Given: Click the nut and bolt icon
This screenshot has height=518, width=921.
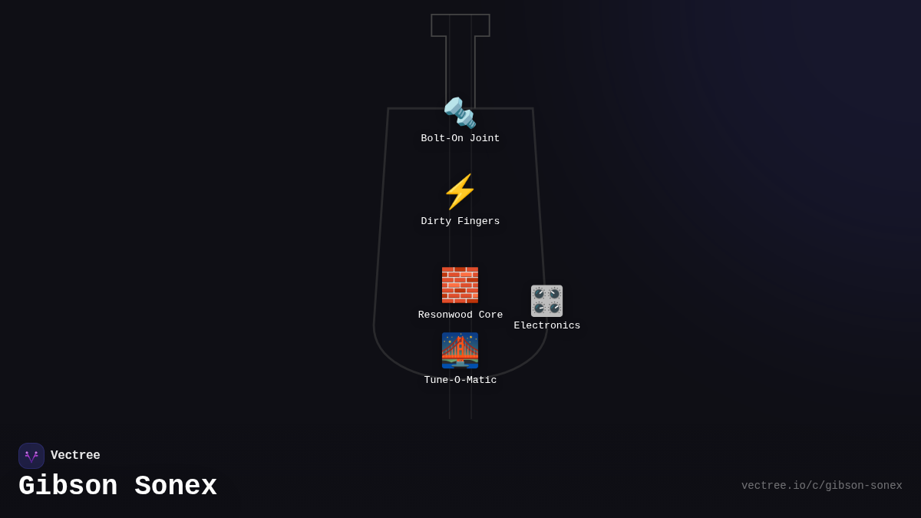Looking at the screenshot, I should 460,113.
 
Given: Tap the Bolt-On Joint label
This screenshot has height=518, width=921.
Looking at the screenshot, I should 460,139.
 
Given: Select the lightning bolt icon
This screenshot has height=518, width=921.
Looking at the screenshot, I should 460,192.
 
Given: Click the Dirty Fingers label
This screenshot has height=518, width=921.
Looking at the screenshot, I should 460,222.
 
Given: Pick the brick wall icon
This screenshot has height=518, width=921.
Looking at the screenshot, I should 460,285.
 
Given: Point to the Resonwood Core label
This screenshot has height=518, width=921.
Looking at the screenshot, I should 460,315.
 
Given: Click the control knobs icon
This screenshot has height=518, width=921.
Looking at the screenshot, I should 546,301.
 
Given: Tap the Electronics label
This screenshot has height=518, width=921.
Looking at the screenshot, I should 546,326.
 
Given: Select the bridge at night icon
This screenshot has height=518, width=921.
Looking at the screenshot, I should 460,350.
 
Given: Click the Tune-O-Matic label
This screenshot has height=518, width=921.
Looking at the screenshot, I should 460,381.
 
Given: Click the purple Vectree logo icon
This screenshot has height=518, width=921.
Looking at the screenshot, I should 31,456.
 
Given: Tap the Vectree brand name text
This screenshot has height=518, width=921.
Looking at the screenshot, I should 75,456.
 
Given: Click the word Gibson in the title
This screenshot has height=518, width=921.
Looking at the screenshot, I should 68,487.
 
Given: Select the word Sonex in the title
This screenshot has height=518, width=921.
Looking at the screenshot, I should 176,487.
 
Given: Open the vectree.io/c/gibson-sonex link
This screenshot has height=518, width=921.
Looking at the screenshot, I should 821,486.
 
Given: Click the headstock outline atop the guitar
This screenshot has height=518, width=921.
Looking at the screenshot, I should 460,25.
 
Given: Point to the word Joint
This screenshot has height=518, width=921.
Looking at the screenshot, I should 484,139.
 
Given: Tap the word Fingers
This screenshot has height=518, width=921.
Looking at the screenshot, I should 478,222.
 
